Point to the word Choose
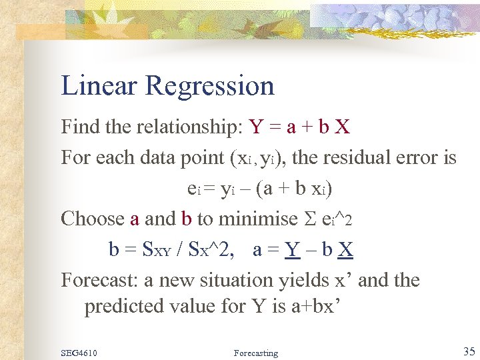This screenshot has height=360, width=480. (x=93, y=219)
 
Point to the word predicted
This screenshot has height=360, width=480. (x=123, y=306)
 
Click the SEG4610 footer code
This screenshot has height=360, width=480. (x=79, y=353)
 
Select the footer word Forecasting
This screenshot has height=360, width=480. (x=256, y=353)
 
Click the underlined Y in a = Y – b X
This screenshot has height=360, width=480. (x=292, y=249)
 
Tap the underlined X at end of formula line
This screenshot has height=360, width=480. (x=345, y=249)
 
